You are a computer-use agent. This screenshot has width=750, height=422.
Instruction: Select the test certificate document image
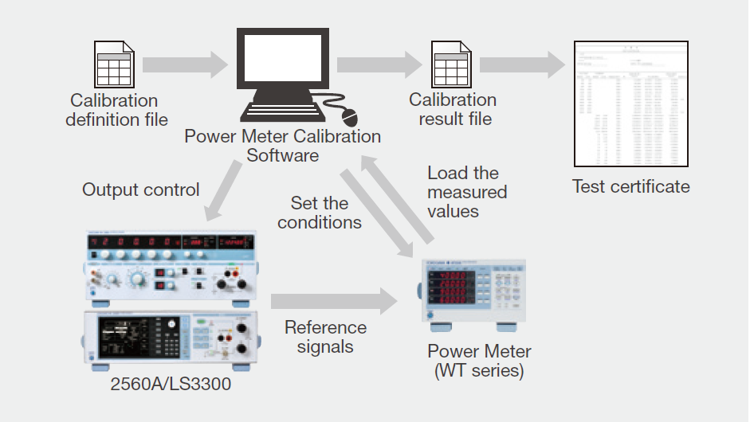631,104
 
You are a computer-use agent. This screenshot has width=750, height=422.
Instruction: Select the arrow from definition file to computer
184,64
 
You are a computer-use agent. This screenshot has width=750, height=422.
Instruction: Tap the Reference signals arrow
333,301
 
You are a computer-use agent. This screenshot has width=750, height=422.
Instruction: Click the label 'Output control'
141,190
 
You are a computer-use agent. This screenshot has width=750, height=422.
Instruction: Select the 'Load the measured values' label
466,192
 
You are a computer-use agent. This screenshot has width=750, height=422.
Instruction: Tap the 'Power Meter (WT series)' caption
479,361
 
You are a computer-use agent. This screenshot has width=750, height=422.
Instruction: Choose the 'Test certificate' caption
630,187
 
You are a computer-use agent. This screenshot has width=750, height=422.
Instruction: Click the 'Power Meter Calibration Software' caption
282,145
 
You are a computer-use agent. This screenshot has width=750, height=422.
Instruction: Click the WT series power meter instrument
473,293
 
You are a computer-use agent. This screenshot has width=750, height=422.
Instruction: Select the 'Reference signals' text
325,337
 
